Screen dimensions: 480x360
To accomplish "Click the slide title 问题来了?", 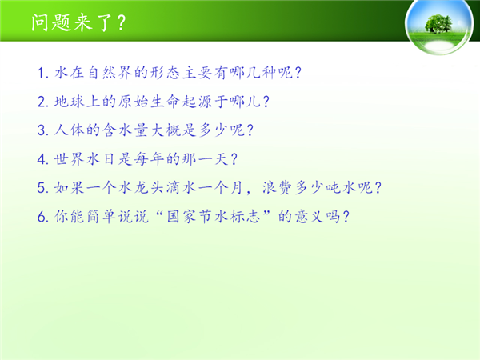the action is [78, 22].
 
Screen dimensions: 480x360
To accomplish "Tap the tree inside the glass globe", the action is [438, 23].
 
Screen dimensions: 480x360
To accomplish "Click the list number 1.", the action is [42, 73].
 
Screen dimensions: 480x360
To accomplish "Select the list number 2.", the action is [42, 102].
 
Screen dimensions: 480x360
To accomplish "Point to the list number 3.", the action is [42, 130].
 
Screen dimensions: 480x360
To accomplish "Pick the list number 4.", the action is [42, 159].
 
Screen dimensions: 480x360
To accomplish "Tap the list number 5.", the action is [42, 188].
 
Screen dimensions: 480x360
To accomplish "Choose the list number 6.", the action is [42, 217].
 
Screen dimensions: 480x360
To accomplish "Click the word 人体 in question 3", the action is [69, 130].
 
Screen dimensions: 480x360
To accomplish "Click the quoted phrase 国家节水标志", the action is [214, 217].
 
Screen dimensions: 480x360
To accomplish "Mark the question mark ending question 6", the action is [346, 217].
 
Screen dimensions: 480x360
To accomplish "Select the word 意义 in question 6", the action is [310, 217].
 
